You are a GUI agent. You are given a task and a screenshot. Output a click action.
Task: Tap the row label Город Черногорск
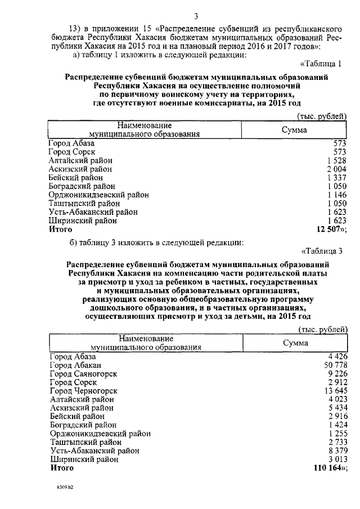click(83, 390)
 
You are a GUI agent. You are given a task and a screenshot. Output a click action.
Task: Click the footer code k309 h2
click(65, 488)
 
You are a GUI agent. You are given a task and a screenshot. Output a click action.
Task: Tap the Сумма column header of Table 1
click(294, 130)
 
